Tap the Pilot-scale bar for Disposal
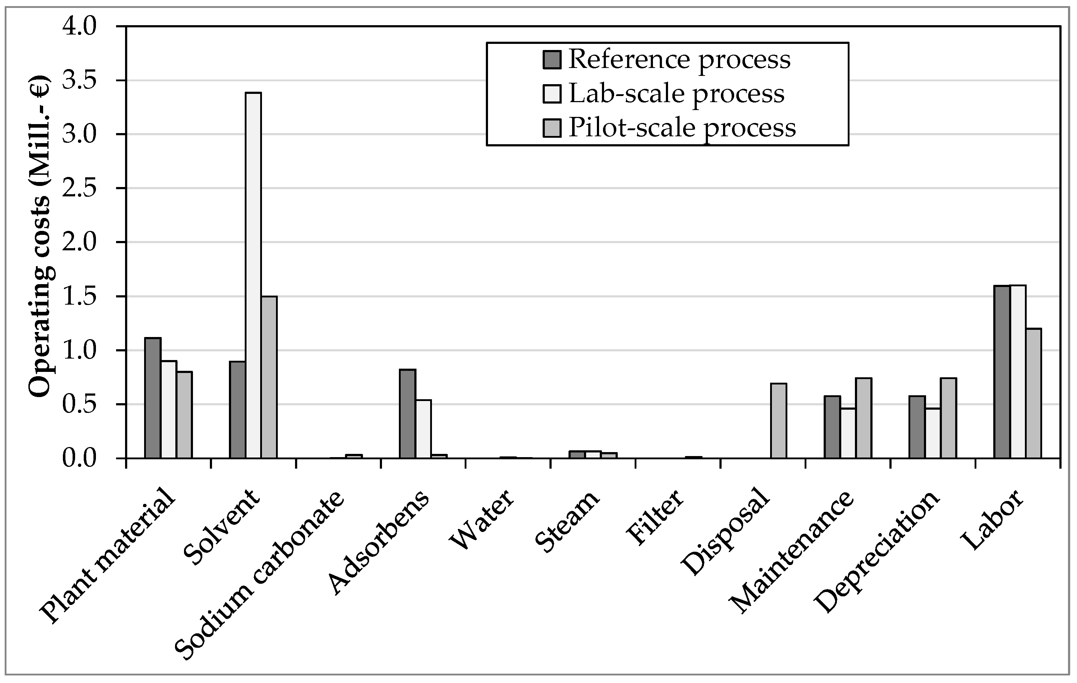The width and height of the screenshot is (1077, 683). click(779, 421)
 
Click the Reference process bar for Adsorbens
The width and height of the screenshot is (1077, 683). click(408, 414)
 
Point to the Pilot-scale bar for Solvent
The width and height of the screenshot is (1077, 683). click(269, 377)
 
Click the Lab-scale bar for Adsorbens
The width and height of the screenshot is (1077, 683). click(423, 429)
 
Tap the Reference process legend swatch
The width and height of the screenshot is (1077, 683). click(552, 60)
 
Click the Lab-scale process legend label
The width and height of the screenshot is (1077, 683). click(676, 94)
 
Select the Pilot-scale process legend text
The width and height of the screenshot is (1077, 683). click(682, 128)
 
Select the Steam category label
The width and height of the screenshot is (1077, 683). click(567, 522)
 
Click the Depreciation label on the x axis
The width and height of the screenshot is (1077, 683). click(876, 553)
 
